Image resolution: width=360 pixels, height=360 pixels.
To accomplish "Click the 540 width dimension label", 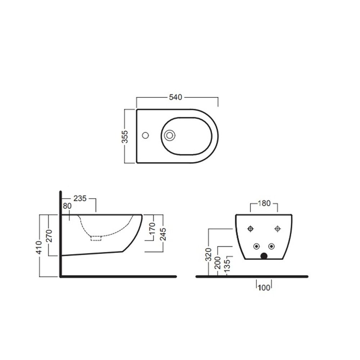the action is (x=175, y=97).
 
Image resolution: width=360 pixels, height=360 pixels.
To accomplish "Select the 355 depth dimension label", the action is (x=125, y=137).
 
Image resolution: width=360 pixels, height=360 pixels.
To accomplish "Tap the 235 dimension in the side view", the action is (x=80, y=198).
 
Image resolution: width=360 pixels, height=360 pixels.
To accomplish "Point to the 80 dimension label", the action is (x=67, y=206).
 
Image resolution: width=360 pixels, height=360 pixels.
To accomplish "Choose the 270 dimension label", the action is (x=49, y=236).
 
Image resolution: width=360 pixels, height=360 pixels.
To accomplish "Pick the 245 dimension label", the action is (x=163, y=234).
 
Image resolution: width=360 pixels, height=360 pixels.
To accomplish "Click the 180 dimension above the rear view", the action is (x=264, y=203).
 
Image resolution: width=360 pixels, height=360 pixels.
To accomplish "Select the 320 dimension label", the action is (x=208, y=255).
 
